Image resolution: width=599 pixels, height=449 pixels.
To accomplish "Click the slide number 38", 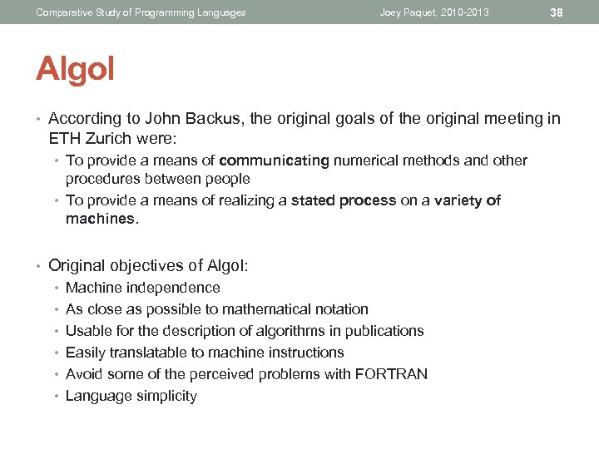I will point(557,12).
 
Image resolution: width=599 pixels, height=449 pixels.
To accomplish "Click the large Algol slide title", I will point(75,69).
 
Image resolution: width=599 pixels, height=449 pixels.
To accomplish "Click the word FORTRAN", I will point(391,374).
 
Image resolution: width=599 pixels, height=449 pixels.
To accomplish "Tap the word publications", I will point(383,331).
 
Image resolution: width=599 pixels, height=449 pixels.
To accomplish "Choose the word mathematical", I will point(266,309).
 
